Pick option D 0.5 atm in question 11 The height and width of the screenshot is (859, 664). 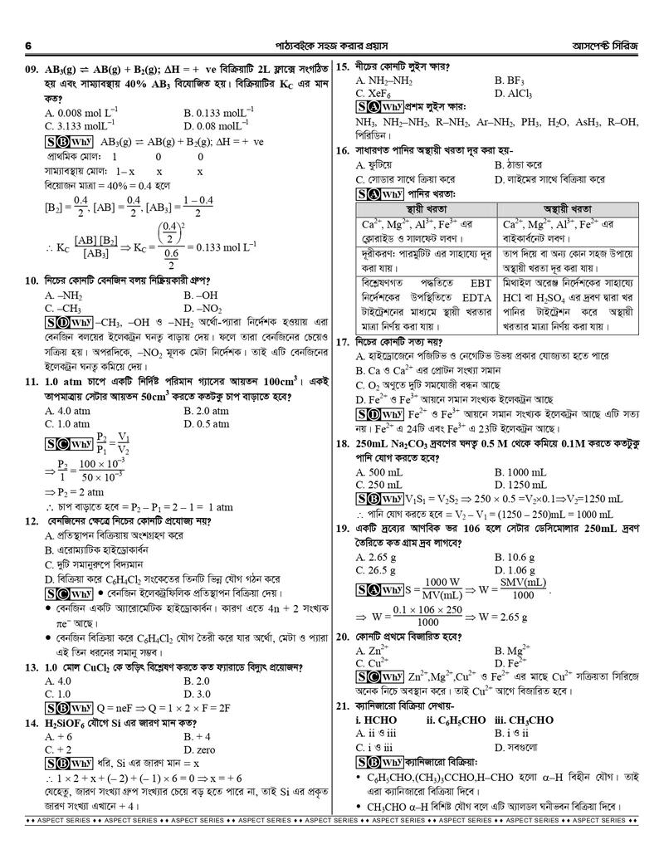(x=206, y=424)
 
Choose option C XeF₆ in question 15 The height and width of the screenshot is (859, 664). (x=373, y=94)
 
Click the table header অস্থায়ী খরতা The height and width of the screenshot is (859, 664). (x=572, y=207)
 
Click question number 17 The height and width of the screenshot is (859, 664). (x=344, y=341)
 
